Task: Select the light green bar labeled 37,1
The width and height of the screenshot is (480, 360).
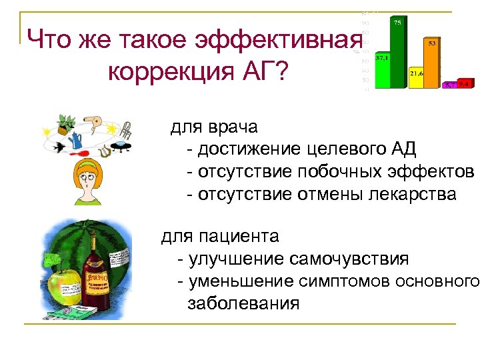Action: (x=382, y=72)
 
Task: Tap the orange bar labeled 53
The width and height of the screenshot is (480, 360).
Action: (x=432, y=64)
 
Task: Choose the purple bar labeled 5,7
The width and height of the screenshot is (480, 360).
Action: (x=449, y=85)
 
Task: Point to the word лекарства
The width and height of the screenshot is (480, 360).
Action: (x=413, y=195)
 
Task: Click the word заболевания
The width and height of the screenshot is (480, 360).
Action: (x=243, y=304)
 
